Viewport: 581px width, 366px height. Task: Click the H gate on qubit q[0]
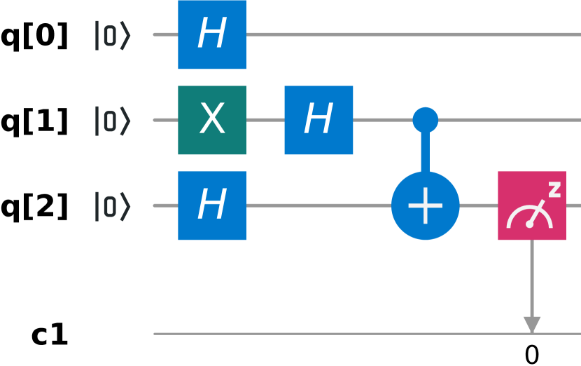212,34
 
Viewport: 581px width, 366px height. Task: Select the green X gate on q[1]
212,120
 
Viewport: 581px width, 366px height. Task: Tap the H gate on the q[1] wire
318,120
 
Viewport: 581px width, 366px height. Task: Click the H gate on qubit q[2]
212,205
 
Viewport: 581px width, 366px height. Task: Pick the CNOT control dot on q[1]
425,120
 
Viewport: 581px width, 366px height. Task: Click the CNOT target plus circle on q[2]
425,205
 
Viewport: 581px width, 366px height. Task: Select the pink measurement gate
532,205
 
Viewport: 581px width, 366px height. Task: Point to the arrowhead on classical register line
532,325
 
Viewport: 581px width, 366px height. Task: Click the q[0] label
35,36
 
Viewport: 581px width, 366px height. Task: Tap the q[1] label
35,121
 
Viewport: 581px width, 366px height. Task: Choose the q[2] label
35,207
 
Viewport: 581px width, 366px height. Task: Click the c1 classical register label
50,335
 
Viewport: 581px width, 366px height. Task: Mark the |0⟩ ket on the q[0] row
113,35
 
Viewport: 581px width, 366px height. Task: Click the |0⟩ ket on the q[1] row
113,121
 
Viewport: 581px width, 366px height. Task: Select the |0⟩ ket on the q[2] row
113,206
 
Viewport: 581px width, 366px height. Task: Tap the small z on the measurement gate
554,189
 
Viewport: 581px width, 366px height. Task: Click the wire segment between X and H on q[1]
265,120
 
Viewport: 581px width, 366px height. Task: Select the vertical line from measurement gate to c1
532,277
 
